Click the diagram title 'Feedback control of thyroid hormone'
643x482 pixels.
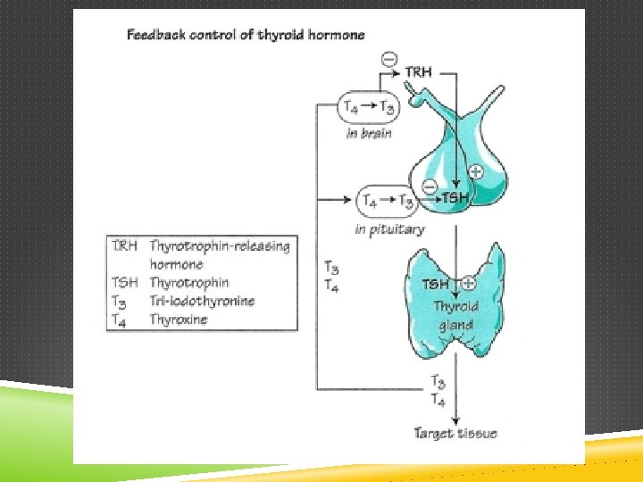pyautogui.click(x=246, y=36)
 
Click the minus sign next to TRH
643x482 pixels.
pyautogui.click(x=389, y=59)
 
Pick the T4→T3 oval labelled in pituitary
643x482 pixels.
pyautogui.click(x=388, y=201)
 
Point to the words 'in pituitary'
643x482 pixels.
pyautogui.click(x=389, y=229)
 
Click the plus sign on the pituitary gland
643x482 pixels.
pyautogui.click(x=475, y=171)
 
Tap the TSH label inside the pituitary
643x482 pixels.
pyautogui.click(x=455, y=197)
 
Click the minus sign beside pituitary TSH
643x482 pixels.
pyautogui.click(x=429, y=187)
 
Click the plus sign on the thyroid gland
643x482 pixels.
pyautogui.click(x=469, y=284)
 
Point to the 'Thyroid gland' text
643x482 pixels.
pyautogui.click(x=455, y=315)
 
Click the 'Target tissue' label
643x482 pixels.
pyautogui.click(x=455, y=434)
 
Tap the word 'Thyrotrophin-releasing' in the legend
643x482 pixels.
pyautogui.click(x=220, y=245)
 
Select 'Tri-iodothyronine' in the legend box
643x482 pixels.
pyautogui.click(x=202, y=301)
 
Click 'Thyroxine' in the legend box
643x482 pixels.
pyautogui.click(x=179, y=319)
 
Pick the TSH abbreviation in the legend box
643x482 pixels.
pyautogui.click(x=124, y=283)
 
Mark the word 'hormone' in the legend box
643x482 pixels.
pyautogui.click(x=176, y=264)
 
